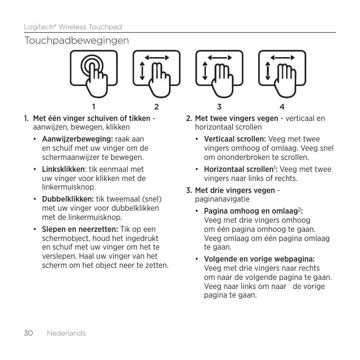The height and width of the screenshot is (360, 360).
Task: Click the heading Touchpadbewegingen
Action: (x=77, y=41)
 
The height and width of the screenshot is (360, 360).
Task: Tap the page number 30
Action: (x=29, y=333)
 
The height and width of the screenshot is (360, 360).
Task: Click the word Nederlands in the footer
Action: (x=66, y=333)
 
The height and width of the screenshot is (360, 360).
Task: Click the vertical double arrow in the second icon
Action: (x=143, y=70)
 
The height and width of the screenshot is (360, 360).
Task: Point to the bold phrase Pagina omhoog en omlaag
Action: (x=251, y=211)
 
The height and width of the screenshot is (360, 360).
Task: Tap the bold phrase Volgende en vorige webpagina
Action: (x=259, y=259)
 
